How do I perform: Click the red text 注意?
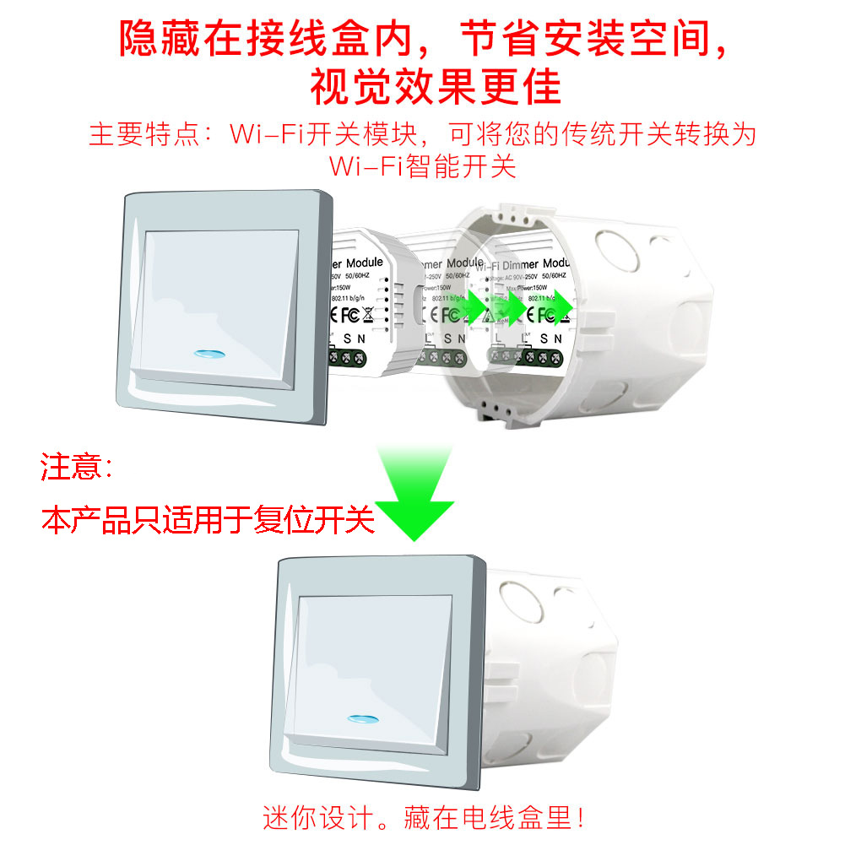coord(77,466)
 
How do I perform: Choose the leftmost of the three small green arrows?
coord(479,309)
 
